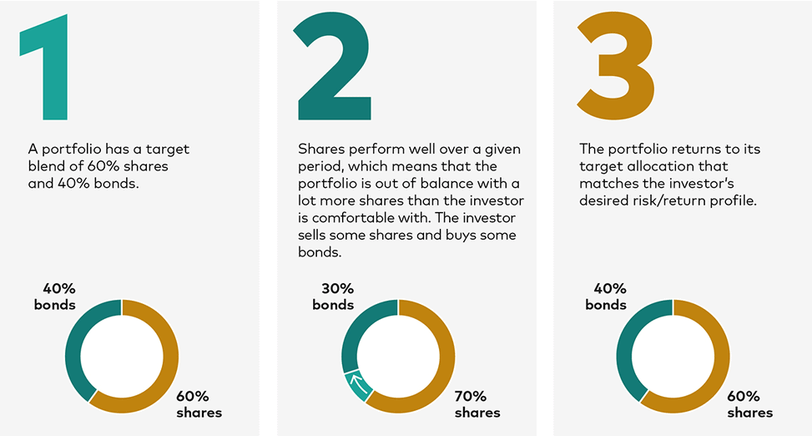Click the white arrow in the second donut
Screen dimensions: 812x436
359,384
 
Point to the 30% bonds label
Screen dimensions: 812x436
333,297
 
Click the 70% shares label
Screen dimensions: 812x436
477,404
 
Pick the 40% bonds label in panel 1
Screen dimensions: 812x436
55,297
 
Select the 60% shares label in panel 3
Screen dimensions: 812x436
750,404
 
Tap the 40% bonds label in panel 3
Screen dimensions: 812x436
606,297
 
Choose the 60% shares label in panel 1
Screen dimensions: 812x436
199,404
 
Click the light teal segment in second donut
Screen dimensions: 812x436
356,386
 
